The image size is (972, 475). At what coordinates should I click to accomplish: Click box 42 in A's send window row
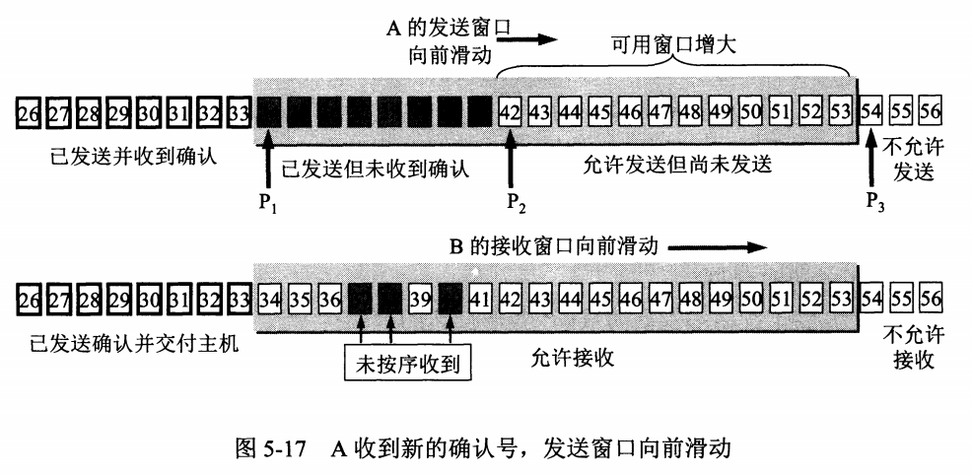(511, 110)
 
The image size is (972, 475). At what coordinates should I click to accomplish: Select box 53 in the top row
(840, 110)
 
